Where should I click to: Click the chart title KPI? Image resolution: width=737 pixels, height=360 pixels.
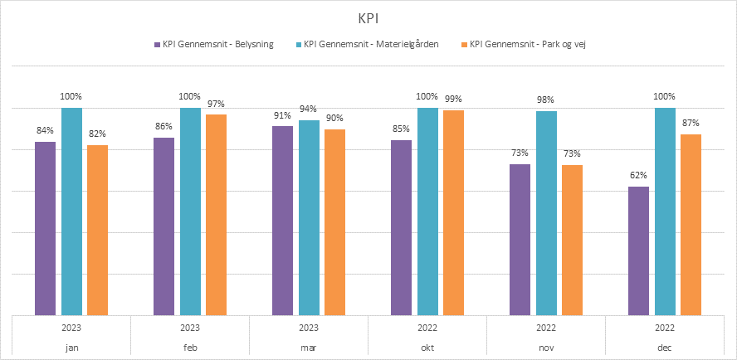click(368, 17)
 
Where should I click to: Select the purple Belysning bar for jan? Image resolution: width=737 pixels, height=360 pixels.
click(46, 228)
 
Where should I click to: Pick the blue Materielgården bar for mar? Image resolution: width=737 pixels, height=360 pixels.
click(309, 217)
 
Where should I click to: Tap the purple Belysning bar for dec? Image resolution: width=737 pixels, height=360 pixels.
click(639, 251)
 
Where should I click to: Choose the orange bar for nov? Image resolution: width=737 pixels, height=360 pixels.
click(573, 240)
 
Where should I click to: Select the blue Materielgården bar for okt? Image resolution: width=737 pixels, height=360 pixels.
click(427, 212)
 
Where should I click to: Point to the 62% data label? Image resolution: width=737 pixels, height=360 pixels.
click(638, 175)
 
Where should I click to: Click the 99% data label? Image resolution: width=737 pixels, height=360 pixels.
click(453, 99)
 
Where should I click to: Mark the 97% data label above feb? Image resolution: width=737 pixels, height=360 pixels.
click(216, 103)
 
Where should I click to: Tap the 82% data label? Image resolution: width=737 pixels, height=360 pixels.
click(97, 134)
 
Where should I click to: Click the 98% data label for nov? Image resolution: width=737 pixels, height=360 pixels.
click(545, 100)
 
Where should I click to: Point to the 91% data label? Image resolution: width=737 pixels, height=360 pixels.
click(282, 114)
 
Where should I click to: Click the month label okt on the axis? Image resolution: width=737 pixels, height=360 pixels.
click(427, 348)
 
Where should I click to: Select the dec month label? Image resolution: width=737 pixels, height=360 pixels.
click(665, 348)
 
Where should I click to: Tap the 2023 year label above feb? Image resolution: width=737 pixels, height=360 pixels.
click(190, 328)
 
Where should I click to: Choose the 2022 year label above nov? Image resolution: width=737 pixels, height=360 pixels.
click(546, 328)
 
